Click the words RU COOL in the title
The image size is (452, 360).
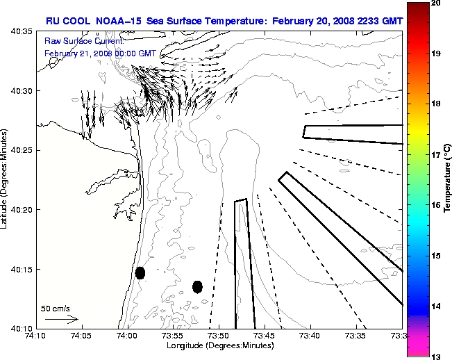coord(65,21)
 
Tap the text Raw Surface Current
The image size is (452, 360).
coord(76,42)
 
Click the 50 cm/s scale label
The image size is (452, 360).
coord(56,308)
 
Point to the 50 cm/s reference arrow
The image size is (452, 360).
coord(61,320)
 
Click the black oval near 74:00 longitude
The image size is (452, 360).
coord(140,272)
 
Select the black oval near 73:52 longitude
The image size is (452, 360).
coord(197,286)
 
